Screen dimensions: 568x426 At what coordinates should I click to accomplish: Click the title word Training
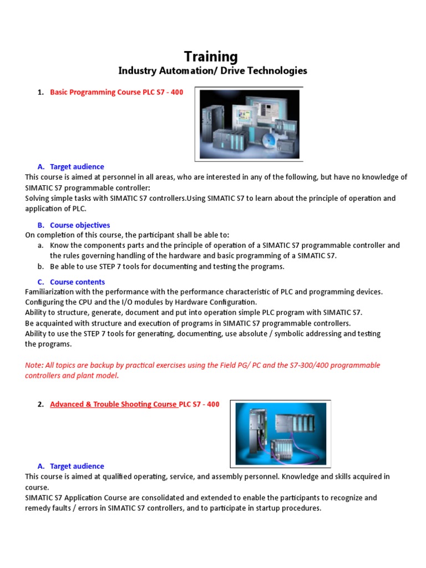[x=211, y=57]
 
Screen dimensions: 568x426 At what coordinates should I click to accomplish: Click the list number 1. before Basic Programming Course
[x=41, y=92]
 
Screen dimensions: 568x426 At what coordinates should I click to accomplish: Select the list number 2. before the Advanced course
[x=41, y=404]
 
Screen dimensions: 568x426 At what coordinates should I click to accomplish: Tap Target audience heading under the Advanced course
[x=77, y=466]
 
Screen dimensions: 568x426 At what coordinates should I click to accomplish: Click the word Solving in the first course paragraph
[x=38, y=198]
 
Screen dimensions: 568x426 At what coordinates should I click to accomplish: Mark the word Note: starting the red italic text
[x=34, y=365]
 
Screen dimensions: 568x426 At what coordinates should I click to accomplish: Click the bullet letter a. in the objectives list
[x=41, y=245]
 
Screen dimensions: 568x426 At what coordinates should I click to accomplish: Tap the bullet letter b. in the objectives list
[x=41, y=266]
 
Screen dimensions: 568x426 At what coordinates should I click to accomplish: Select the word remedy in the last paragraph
[x=38, y=508]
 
